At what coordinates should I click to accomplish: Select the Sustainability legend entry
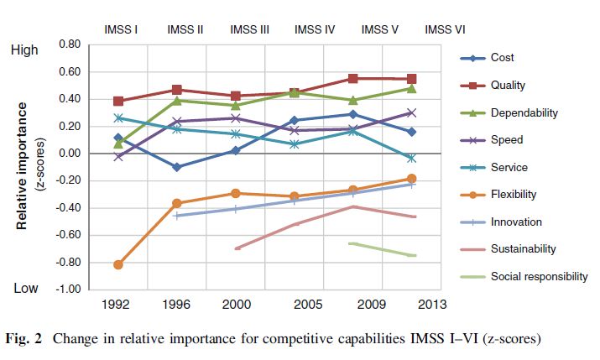(x=523, y=249)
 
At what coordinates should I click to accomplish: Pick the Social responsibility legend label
(x=539, y=276)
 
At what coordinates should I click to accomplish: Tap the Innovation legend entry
(x=516, y=222)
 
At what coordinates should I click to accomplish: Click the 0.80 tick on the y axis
(x=70, y=44)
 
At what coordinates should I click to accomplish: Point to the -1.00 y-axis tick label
(x=68, y=290)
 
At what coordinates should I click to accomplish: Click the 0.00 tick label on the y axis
(x=70, y=154)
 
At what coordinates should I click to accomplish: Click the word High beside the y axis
(x=24, y=50)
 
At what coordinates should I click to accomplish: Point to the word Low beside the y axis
(x=24, y=289)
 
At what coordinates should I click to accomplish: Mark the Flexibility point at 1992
(x=118, y=265)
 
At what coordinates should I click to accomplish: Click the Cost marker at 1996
(x=176, y=167)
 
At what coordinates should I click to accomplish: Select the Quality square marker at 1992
(x=118, y=101)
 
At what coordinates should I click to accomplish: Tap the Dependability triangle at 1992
(x=118, y=143)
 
